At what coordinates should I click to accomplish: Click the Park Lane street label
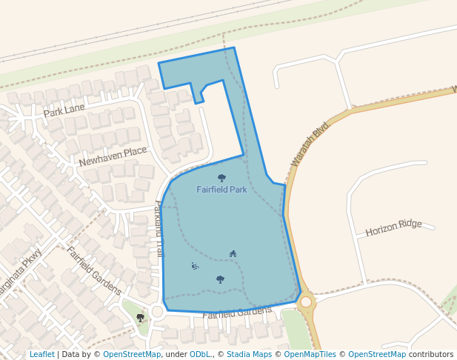tap(64, 111)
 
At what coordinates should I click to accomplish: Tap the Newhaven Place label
tap(113, 156)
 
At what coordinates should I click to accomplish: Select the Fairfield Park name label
tap(221, 190)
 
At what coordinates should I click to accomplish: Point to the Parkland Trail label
tap(159, 229)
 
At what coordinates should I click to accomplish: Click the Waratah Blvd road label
tap(309, 144)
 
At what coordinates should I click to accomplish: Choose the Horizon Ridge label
tap(393, 228)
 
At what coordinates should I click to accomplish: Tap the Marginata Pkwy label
tap(21, 273)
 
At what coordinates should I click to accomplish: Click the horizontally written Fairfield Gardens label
tap(237, 313)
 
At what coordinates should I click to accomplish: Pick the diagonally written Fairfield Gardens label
tap(94, 270)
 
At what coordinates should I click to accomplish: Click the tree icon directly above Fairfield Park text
tap(221, 178)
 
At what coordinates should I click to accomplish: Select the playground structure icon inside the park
tap(233, 254)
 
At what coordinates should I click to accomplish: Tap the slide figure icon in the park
tap(195, 266)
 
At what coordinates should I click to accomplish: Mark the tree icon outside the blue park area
tap(140, 318)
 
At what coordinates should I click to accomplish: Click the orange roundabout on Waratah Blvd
tap(306, 301)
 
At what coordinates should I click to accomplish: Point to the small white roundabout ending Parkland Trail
tap(157, 311)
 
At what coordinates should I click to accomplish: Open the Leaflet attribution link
tap(41, 354)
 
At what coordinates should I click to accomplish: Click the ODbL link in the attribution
tap(199, 354)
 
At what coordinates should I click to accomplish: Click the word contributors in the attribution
tap(430, 354)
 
